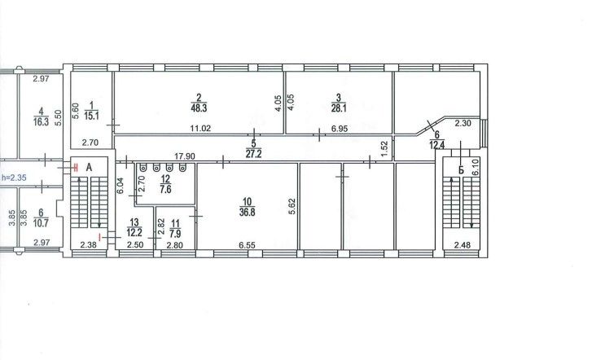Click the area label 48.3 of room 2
(x=199, y=108)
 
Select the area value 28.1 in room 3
(x=339, y=108)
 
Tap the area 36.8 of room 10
(x=247, y=213)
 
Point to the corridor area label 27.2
(x=253, y=154)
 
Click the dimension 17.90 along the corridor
(x=185, y=156)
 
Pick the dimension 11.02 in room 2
(x=200, y=129)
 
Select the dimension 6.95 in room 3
(x=340, y=129)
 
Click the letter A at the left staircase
(x=89, y=168)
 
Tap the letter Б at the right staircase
(x=461, y=170)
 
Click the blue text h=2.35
(x=14, y=178)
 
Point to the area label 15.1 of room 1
(x=91, y=116)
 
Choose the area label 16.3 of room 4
(x=42, y=122)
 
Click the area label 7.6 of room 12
(x=165, y=190)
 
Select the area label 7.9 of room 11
(x=175, y=234)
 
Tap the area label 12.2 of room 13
(x=134, y=233)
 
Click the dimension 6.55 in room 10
(x=247, y=245)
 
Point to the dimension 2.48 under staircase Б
(x=463, y=245)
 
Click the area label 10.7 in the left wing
(x=41, y=223)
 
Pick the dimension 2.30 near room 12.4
(x=463, y=124)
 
